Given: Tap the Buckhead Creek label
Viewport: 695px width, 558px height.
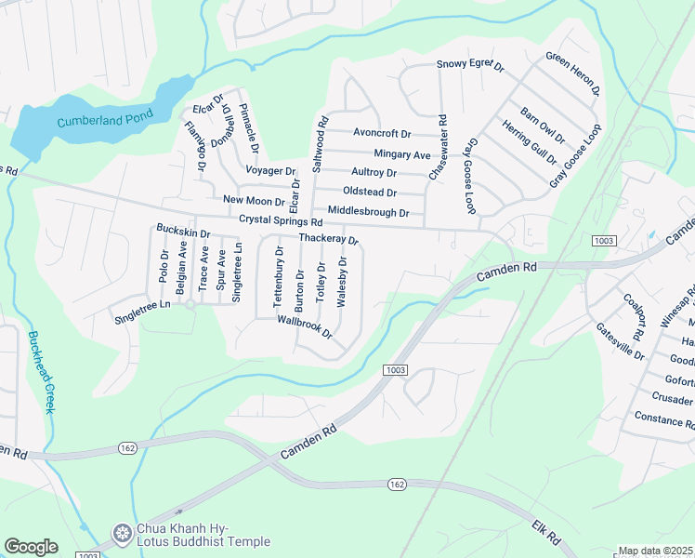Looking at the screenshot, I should (x=43, y=372).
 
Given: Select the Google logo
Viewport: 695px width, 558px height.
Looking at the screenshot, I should (x=31, y=547).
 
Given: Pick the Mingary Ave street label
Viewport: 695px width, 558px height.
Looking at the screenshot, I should (x=402, y=154).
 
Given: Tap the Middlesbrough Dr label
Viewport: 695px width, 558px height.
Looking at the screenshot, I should (x=368, y=212).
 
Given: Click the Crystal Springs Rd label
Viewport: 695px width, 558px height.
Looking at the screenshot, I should (x=280, y=222).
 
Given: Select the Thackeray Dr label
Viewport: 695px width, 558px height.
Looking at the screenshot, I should (x=328, y=239).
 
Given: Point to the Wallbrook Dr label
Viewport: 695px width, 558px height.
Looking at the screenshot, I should (x=304, y=326).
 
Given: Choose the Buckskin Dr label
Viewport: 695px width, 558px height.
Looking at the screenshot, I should (x=183, y=229).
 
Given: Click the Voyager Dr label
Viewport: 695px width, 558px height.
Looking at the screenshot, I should (x=269, y=171).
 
